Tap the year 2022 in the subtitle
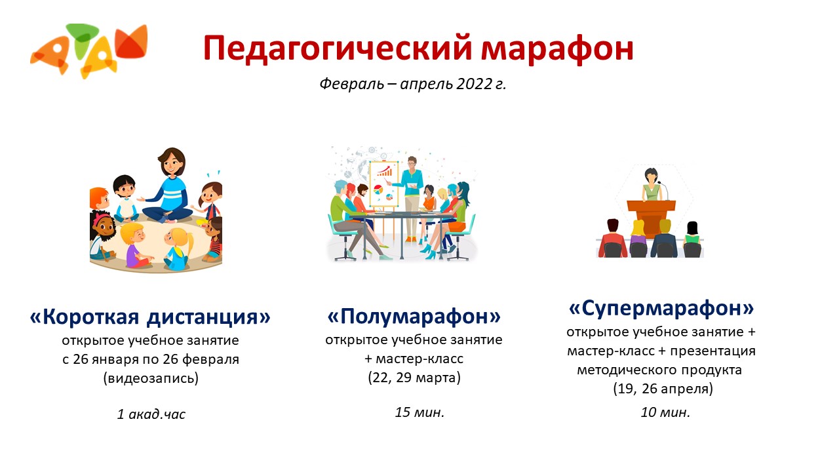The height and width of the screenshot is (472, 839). pos(474,83)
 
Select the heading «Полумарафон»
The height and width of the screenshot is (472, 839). pos(414,316)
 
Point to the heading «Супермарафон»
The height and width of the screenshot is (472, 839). pos(661,308)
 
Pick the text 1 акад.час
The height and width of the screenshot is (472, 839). pos(151,414)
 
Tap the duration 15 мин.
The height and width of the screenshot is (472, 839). pos(419,412)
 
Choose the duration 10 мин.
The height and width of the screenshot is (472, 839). pos(665,412)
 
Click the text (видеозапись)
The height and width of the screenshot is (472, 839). pos(151,378)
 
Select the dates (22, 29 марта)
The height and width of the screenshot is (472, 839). pos(414,377)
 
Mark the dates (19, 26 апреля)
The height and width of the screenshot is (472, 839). pos(663,389)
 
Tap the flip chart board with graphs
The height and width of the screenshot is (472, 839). pos(383,184)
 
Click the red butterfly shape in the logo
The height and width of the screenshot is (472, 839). pos(131,41)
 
